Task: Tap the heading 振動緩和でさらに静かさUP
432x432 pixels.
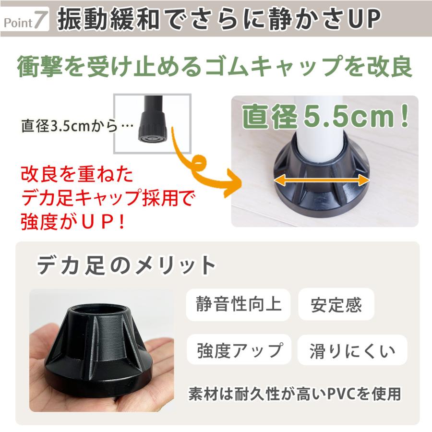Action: pos(219,19)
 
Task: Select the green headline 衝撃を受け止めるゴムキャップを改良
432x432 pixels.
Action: pos(215,66)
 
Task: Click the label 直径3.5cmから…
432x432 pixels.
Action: pos(77,126)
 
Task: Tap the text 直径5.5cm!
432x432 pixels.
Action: pos(325,117)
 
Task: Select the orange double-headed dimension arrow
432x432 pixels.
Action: pos(322,180)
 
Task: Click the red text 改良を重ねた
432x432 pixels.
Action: pos(77,174)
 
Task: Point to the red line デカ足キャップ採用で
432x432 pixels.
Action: pos(108,198)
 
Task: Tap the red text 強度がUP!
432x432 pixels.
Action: pos(73,222)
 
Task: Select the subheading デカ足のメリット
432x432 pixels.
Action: pos(126,265)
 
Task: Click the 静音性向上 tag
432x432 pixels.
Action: pos(238,304)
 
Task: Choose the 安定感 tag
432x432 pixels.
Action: pos(336,304)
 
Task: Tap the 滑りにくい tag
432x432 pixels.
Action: pos(352,350)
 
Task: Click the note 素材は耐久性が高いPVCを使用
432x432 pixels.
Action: pos(295,394)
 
